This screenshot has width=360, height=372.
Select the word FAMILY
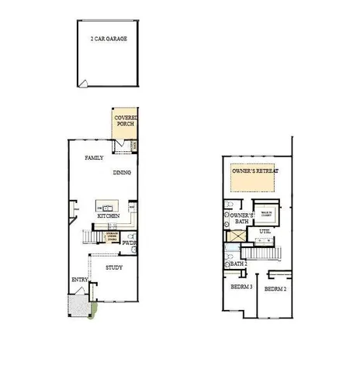tap(94, 157)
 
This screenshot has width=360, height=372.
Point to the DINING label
tap(122, 173)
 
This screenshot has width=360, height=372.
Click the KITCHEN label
tap(108, 215)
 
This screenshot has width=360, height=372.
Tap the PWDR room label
tap(130, 243)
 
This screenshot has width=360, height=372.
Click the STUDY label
tap(114, 267)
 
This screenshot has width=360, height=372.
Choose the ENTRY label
tap(80, 280)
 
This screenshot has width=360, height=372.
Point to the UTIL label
tap(265, 231)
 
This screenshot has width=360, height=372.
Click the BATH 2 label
tap(238, 263)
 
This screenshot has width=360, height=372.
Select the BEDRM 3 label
tap(241, 288)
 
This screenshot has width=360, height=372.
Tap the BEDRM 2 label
tap(275, 288)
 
